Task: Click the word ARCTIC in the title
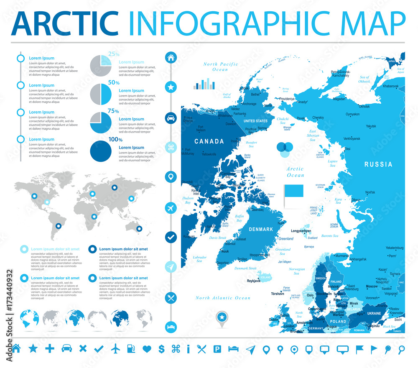coord(65,23)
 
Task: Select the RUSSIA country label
coord(378,164)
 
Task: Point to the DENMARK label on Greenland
coord(261,229)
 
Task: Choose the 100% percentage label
coord(115,140)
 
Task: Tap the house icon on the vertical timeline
coord(171,58)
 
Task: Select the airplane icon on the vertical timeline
coord(171,207)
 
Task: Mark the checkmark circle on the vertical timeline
coord(171,237)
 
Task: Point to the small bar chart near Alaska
coord(204,84)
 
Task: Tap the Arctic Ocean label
coord(295,172)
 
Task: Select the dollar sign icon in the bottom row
coord(161,348)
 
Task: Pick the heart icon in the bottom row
coord(146,348)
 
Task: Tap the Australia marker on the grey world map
coord(139,229)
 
